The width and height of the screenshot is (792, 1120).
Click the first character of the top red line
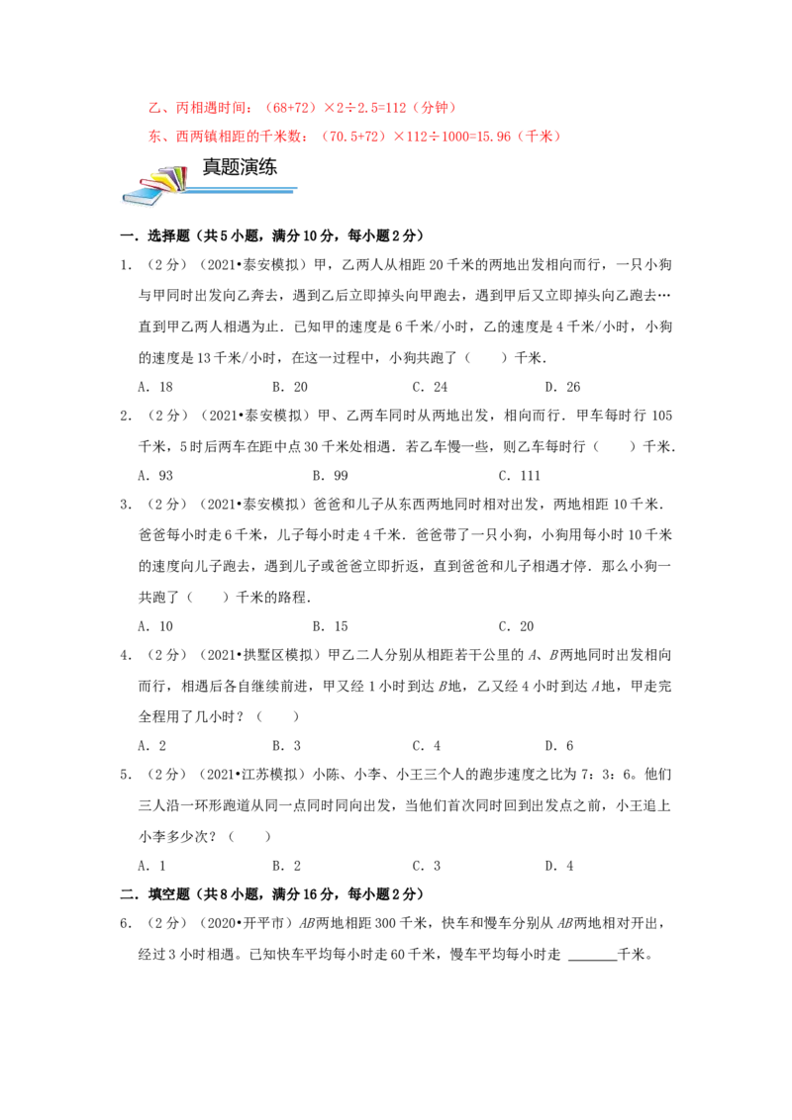point(149,106)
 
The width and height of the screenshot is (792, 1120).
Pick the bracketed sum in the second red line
point(353,139)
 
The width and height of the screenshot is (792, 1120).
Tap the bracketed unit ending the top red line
point(435,106)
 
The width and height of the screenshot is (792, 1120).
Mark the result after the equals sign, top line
point(398,106)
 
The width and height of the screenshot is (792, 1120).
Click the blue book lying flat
point(141,199)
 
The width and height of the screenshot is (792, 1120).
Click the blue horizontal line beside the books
point(243,188)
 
